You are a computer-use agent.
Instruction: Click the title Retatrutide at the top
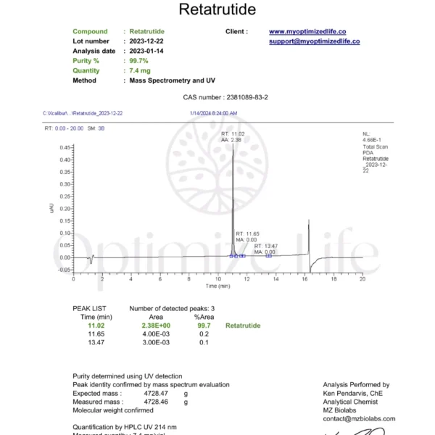coord(217,9)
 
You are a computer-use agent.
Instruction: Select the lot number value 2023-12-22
coord(146,41)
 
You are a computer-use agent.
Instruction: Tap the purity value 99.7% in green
coord(138,61)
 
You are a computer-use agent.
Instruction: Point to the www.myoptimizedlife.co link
coord(307,32)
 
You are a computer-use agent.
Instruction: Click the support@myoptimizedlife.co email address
coord(315,41)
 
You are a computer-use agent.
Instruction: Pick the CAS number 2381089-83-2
coord(239,98)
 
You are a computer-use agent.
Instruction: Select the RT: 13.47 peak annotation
coord(266,246)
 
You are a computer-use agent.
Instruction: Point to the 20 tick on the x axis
coord(362,278)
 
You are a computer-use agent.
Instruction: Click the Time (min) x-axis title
coord(217,286)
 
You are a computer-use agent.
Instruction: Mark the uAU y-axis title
coord(51,208)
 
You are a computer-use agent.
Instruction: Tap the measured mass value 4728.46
coord(157,400)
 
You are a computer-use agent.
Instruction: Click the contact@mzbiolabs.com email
coord(359,418)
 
